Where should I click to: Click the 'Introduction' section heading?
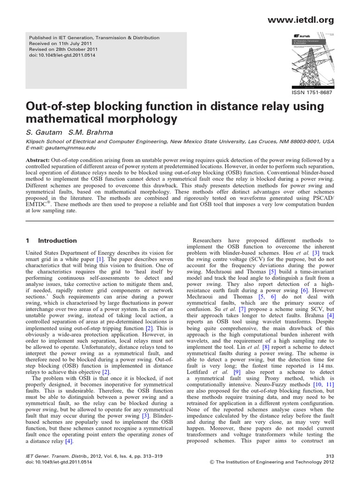[57, 241]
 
